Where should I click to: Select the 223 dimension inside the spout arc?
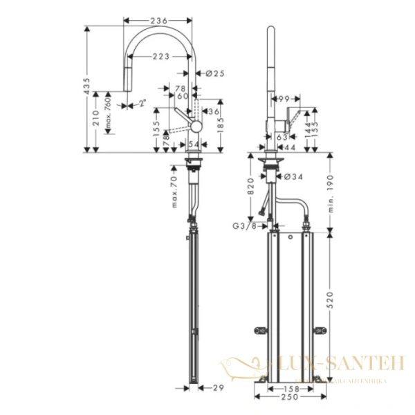(163, 57)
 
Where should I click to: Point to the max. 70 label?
(175, 192)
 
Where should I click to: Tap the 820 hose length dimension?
(254, 187)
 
